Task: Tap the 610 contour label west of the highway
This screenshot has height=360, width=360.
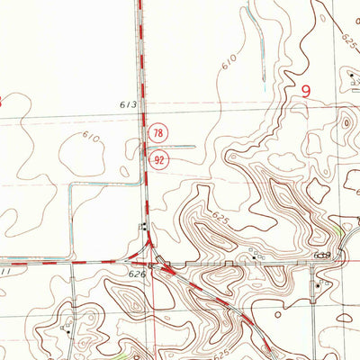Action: click(x=91, y=137)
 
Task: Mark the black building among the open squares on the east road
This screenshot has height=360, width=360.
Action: click(x=323, y=257)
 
